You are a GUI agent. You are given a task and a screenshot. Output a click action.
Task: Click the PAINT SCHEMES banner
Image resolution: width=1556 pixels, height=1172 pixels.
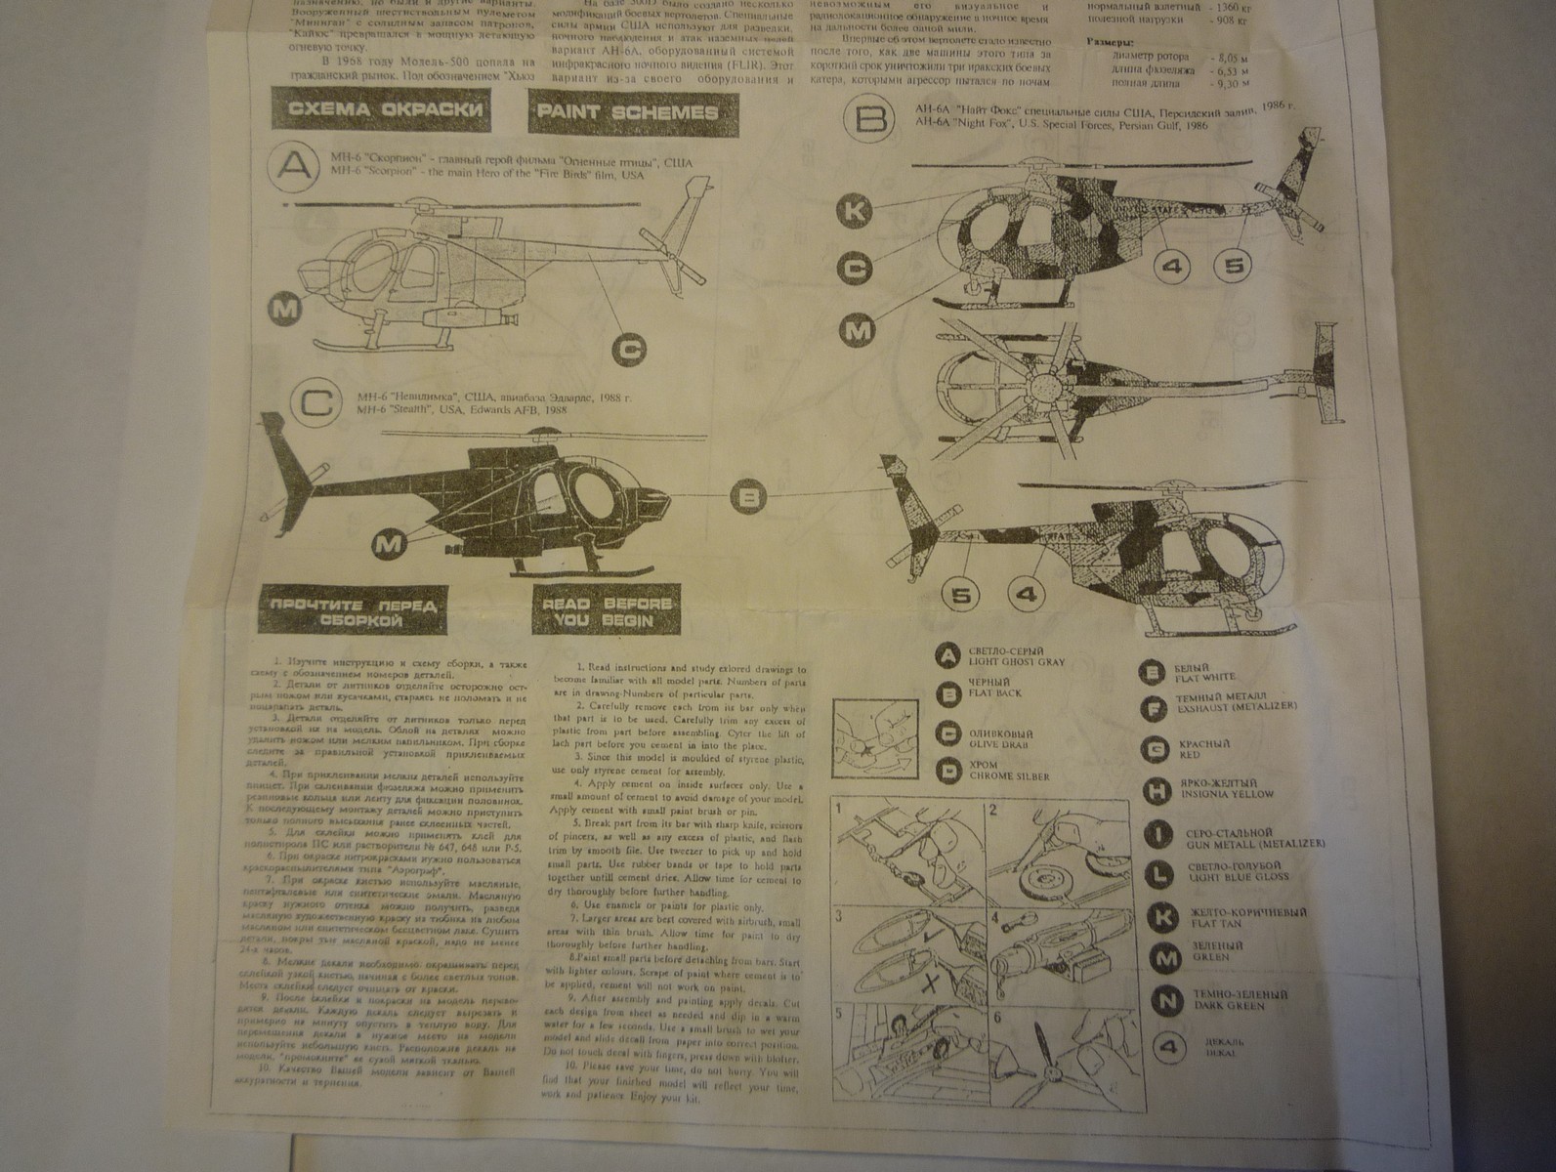click(x=626, y=112)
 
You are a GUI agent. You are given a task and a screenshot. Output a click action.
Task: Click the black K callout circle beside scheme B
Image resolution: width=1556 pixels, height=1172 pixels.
click(x=857, y=211)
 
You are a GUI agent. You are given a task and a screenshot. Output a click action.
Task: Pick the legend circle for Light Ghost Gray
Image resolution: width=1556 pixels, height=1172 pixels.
click(x=946, y=656)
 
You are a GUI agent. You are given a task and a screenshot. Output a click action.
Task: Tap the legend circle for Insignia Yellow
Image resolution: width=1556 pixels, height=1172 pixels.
click(x=1157, y=789)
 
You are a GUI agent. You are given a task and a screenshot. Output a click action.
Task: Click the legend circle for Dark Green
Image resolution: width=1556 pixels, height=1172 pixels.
click(x=1164, y=999)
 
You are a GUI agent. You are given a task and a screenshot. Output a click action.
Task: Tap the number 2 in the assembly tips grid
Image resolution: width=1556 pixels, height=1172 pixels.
click(x=992, y=810)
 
